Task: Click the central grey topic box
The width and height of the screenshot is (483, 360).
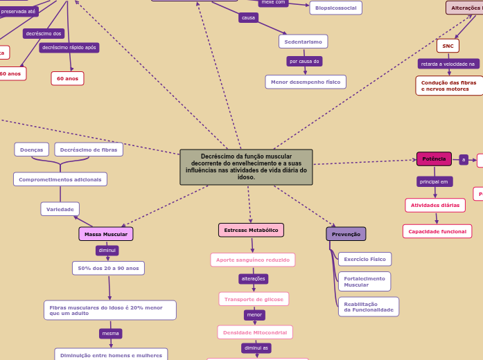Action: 246,167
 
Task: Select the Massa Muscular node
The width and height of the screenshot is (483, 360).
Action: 106,234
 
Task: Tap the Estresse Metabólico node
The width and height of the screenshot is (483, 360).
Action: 251,230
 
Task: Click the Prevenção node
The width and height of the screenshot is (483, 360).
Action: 346,234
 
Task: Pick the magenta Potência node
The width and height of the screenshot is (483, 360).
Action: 434,159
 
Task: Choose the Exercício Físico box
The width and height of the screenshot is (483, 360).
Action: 365,259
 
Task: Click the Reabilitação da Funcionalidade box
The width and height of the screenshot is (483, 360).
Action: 368,307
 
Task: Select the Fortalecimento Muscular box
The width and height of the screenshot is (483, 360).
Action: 365,281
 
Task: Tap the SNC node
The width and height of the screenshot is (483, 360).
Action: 448,46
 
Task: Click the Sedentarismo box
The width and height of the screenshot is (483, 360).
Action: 303,42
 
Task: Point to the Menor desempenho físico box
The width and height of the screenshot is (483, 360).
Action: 305,82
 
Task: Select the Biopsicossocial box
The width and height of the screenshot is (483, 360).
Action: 335,8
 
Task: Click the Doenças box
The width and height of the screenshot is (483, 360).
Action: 31,150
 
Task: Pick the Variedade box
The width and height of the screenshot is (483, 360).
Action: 60,209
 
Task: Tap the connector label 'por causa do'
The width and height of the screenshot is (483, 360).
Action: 304,61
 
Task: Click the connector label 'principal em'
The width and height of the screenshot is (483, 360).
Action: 434,181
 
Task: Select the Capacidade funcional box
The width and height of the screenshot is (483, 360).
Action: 437,231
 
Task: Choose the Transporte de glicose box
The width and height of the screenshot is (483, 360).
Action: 254,299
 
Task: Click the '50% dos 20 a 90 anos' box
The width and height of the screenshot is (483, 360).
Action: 108,268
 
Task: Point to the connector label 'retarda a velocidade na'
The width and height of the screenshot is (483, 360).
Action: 448,64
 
